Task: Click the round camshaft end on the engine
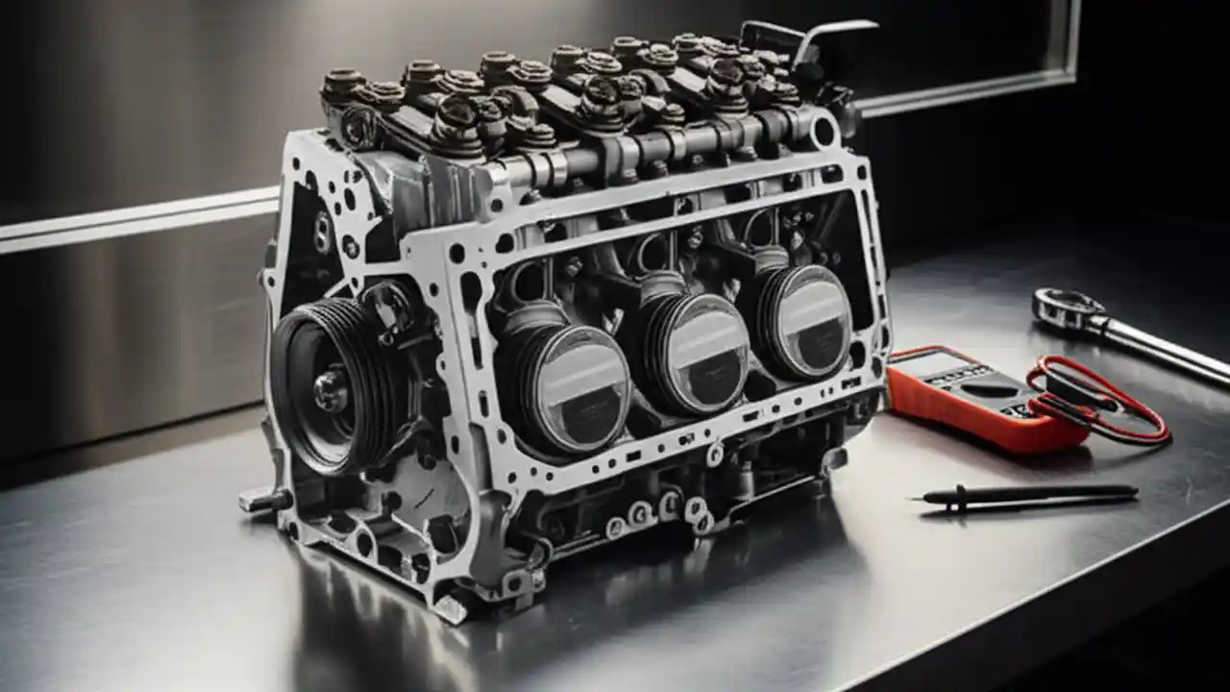coord(824,131)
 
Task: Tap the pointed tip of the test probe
coord(918,498)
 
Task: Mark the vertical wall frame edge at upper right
coord(1070,43)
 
